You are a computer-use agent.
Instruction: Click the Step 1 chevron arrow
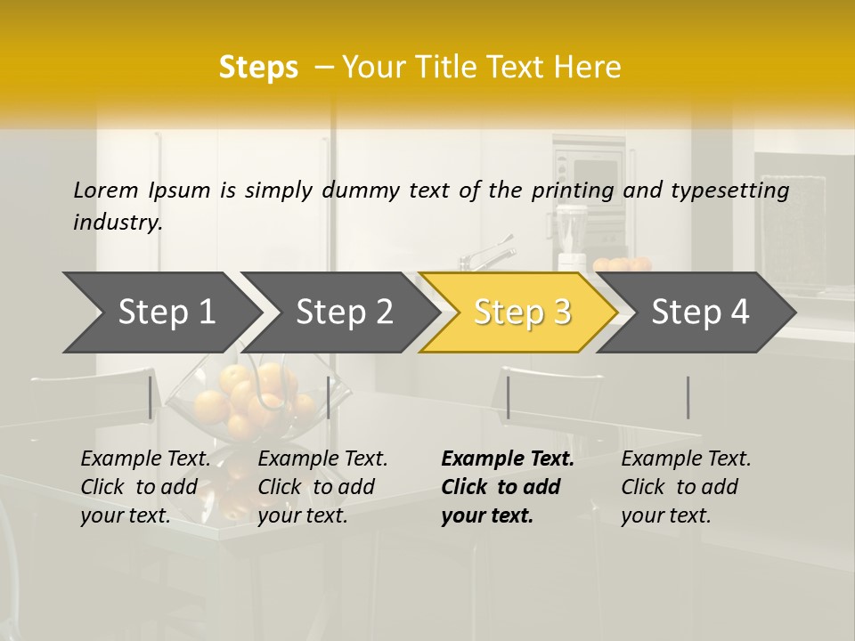(165, 312)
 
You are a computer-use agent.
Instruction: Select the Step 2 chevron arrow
(343, 312)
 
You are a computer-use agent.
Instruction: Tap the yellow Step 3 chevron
(521, 312)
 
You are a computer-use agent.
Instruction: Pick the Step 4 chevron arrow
(699, 312)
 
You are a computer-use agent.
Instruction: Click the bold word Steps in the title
(258, 67)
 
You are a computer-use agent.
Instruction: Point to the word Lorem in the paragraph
(105, 190)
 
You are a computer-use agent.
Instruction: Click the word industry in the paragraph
(117, 223)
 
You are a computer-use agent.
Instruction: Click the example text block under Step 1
(144, 487)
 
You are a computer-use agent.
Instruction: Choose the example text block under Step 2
(322, 487)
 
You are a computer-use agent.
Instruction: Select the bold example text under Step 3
(507, 487)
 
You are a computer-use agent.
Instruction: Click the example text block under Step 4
(685, 487)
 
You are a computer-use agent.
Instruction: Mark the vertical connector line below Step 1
(151, 397)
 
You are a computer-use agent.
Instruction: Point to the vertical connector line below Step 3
(508, 397)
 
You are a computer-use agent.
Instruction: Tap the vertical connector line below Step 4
(688, 397)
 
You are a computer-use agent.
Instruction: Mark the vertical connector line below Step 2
(329, 397)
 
